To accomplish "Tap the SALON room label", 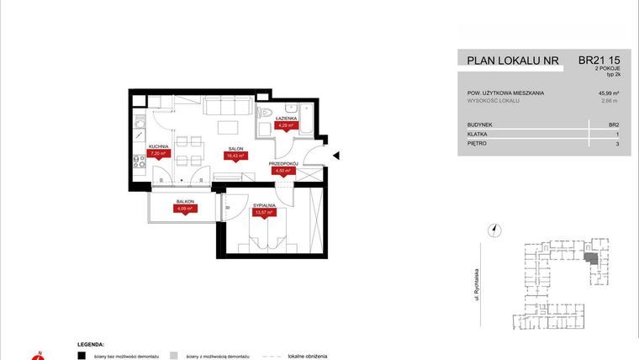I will click(x=234, y=149).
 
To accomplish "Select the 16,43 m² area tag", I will click(x=235, y=156).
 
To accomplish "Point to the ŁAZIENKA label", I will click(x=285, y=119).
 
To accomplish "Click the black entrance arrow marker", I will click(x=335, y=155).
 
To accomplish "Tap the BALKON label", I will click(x=185, y=203).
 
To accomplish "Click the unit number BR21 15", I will click(x=599, y=60).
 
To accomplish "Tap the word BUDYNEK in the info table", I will click(x=481, y=124).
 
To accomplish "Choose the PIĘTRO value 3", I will click(x=616, y=144).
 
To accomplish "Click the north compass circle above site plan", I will click(x=495, y=228).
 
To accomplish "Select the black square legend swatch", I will click(x=81, y=356).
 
